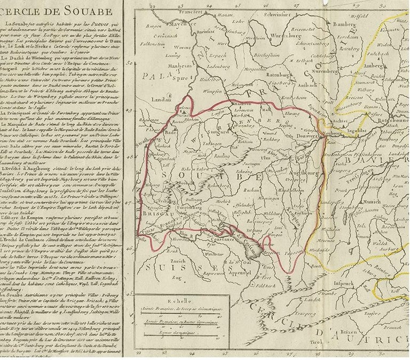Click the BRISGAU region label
154,211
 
